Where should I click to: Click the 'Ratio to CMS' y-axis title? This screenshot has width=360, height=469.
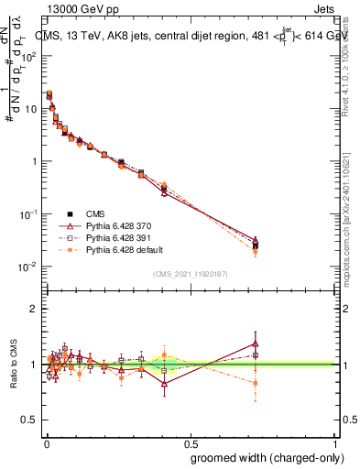pyautogui.click(x=13, y=364)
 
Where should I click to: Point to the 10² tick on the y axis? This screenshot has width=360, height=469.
pyautogui.click(x=29, y=56)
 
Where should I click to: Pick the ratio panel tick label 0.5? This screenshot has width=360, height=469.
pyautogui.click(x=30, y=420)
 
